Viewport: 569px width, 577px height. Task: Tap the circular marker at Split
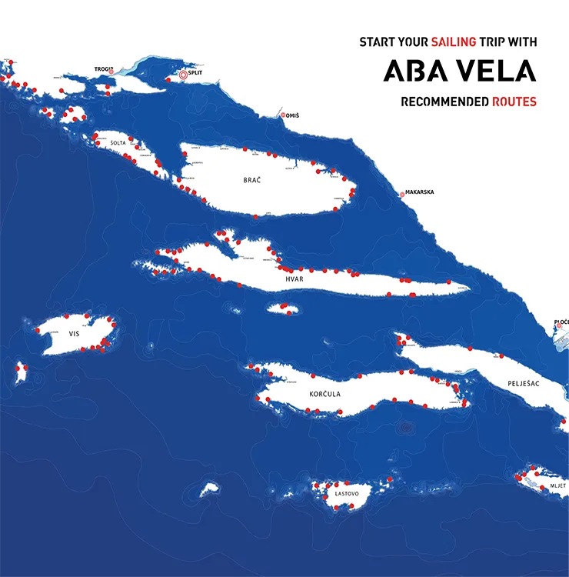click(x=183, y=75)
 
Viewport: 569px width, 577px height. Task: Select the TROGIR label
click(x=103, y=69)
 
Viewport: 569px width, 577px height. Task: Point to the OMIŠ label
click(x=293, y=115)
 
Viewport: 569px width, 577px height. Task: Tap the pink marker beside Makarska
click(x=401, y=195)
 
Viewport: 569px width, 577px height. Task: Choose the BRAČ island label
click(x=252, y=179)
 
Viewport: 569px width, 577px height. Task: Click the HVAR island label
click(x=294, y=279)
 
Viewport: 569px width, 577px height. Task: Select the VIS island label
click(x=74, y=334)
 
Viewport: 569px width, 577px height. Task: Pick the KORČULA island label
click(x=324, y=394)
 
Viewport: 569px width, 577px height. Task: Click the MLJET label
click(x=557, y=486)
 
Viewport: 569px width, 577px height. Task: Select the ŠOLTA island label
click(x=118, y=143)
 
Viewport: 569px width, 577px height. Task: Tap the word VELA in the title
click(x=496, y=72)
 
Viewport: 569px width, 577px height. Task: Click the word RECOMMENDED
click(x=444, y=101)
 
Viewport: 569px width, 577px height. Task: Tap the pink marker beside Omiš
click(x=283, y=115)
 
